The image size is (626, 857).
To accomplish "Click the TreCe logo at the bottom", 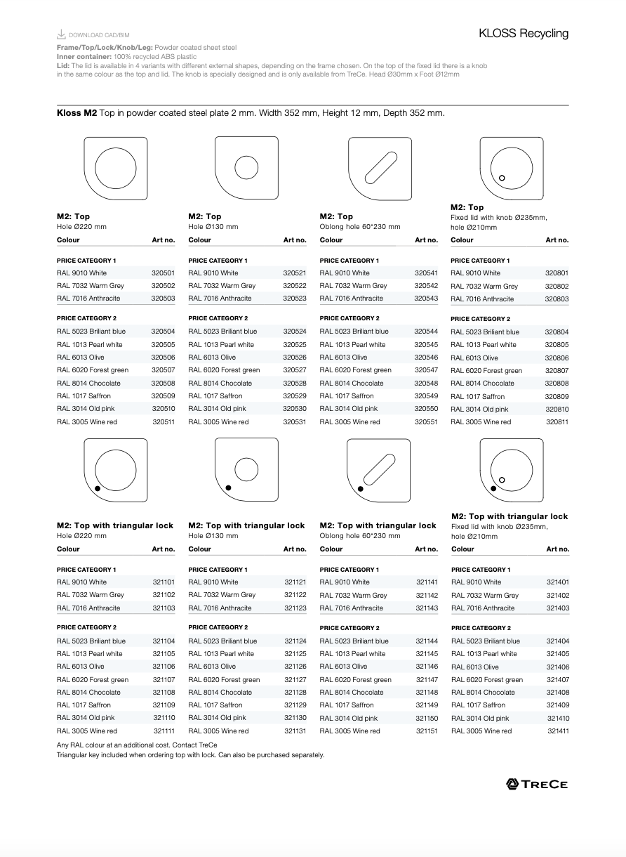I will (537, 784).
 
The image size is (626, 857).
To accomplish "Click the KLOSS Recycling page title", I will (524, 33).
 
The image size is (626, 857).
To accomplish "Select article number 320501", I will (163, 273).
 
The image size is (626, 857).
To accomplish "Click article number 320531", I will (295, 422).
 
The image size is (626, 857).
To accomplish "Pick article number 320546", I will (426, 358).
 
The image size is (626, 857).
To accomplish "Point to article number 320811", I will (557, 422).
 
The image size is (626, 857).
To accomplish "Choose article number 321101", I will (164, 582).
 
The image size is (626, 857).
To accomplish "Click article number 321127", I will (295, 680).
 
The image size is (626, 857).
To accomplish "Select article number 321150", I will (427, 719).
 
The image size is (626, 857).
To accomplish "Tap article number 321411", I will (558, 731).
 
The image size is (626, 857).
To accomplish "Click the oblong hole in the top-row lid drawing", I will (380, 168).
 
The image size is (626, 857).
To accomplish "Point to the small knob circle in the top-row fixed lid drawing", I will (502, 178).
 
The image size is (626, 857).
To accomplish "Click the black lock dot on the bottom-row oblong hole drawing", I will (361, 488).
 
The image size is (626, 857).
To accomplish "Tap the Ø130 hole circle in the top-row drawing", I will (247, 168).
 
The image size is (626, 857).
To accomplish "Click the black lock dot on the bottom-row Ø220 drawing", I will (98, 488).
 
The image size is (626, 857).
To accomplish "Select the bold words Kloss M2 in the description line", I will (76, 113).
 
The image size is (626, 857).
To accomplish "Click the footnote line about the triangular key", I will (190, 755).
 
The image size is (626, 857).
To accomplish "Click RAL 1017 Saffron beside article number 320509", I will (84, 396).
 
